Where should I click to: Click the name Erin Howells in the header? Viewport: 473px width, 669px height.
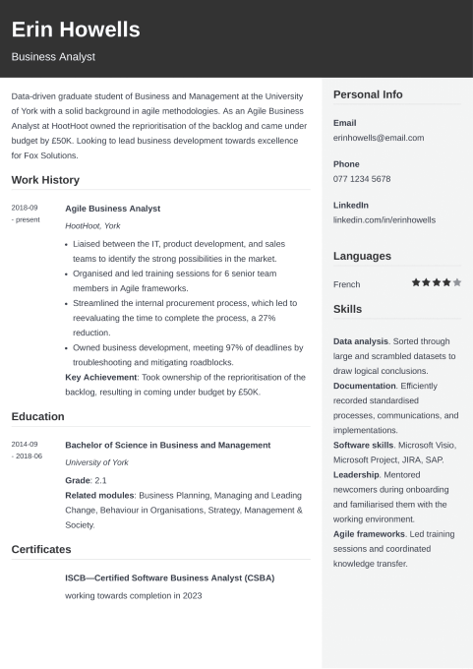(x=76, y=30)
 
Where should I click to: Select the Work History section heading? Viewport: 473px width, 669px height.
(x=45, y=180)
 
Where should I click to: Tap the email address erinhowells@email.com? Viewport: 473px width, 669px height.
(x=379, y=138)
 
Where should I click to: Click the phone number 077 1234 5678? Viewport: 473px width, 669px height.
(x=362, y=179)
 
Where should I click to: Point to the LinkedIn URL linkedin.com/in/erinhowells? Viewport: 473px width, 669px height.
(x=384, y=220)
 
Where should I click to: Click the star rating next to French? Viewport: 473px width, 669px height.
(x=436, y=282)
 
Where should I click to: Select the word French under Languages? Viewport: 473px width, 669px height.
(x=346, y=283)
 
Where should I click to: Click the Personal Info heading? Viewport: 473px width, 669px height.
(x=368, y=94)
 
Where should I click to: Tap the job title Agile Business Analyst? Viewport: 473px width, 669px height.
(x=112, y=209)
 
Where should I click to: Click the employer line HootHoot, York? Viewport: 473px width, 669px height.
(x=92, y=226)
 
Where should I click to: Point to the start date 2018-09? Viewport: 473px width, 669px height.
(x=25, y=208)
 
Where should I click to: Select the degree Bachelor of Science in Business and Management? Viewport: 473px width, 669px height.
(x=167, y=445)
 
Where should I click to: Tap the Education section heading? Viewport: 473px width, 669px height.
(x=37, y=416)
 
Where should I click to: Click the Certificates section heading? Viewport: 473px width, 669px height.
(x=41, y=549)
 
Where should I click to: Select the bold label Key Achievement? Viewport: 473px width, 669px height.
(x=100, y=377)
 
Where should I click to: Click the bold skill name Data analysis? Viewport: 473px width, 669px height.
(x=361, y=340)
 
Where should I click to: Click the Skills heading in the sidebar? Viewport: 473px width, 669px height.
(x=347, y=309)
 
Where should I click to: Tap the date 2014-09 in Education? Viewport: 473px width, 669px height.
(x=25, y=444)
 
